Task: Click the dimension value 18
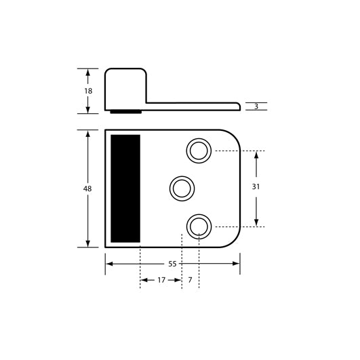coord(88,91)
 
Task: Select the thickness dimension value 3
coord(256,106)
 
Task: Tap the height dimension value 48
coord(87,188)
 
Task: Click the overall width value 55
coord(172,263)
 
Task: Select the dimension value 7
coord(191,279)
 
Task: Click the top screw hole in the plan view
coord(199,151)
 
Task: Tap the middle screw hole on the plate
coord(182,188)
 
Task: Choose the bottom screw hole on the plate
coord(199,226)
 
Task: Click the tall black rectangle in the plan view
coord(125,188)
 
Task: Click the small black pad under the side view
coord(125,111)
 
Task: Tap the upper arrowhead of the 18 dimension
coord(88,71)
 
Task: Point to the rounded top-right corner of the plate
coord(233,136)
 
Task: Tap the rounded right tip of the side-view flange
coord(239,106)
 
